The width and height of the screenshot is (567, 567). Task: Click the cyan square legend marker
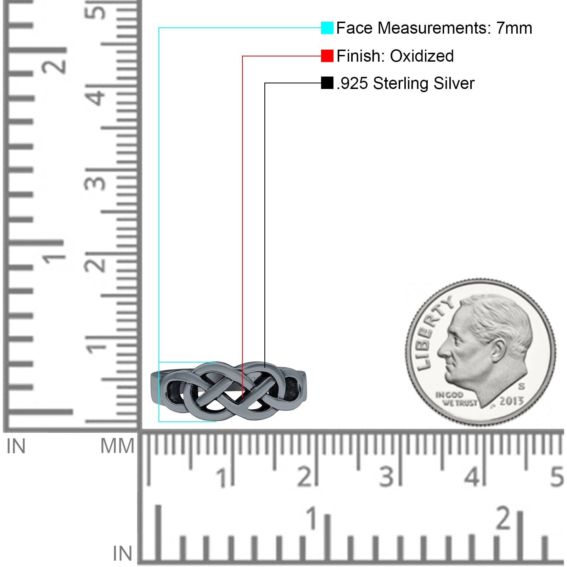327,28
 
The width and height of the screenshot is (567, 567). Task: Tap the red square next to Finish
327,56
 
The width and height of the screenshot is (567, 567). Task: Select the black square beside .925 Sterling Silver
327,83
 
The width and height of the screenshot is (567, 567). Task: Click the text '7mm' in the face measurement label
514,28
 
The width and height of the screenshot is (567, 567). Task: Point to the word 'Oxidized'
422,56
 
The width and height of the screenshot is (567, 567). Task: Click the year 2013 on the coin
511,401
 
